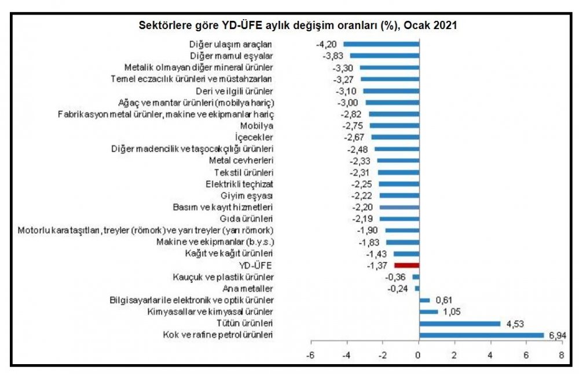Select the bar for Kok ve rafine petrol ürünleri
[x=481, y=335]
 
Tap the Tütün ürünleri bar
[x=459, y=324]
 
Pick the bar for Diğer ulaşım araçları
[x=381, y=44]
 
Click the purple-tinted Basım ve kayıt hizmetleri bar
[x=399, y=207]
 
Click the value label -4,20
[x=328, y=44]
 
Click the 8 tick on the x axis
[x=562, y=355]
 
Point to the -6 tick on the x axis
[x=310, y=355]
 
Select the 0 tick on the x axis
[x=419, y=355]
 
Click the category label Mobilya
[x=256, y=125]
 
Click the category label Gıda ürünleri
[x=250, y=219]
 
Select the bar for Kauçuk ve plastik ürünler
[x=415, y=277]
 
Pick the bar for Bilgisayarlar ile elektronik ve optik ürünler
[x=424, y=300]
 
